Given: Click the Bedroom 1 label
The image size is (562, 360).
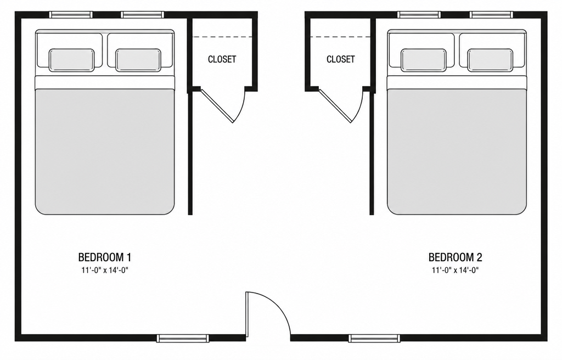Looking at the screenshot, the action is [x=105, y=257].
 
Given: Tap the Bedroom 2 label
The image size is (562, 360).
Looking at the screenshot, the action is [x=455, y=257].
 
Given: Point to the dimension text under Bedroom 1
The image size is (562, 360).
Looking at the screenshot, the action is [x=105, y=270].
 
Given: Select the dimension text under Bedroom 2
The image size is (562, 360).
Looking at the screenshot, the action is [x=455, y=270].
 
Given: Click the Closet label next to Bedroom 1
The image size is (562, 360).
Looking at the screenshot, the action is [x=222, y=59].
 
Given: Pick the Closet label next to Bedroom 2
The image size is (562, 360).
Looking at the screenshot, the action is [x=340, y=59].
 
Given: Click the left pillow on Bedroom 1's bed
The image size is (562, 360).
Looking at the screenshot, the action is [x=72, y=60].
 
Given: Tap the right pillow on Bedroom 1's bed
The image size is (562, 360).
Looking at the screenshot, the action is [x=138, y=60].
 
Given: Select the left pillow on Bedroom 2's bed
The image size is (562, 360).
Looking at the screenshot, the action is [x=424, y=60].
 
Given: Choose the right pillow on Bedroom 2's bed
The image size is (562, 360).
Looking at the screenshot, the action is [x=490, y=60].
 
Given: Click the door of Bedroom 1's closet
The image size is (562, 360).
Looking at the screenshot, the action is [x=217, y=105].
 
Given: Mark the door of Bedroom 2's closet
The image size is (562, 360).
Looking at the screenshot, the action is [x=335, y=105].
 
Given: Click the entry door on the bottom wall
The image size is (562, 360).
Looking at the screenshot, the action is [x=248, y=316].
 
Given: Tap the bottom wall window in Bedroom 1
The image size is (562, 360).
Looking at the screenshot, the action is [x=183, y=338].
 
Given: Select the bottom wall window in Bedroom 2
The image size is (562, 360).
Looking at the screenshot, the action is [x=374, y=338].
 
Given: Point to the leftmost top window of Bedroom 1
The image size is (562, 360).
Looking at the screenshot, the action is [x=71, y=15].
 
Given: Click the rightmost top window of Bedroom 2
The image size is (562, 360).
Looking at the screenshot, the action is [x=491, y=15].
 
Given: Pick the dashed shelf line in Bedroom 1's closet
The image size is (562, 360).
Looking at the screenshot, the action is [x=223, y=37].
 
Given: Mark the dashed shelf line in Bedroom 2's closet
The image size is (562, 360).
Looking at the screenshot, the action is [x=340, y=37].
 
